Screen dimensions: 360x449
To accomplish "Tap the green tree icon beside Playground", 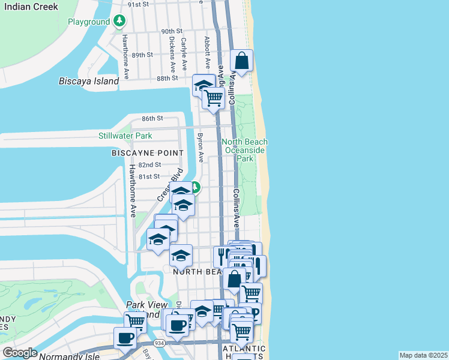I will click(x=120, y=22).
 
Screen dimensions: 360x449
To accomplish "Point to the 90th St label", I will click(x=171, y=31).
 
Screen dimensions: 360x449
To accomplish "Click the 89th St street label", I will click(x=143, y=55).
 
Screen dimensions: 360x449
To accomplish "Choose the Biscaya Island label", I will click(x=89, y=81).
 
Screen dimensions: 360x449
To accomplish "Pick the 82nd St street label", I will click(x=149, y=164).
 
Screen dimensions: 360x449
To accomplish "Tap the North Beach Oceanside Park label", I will click(x=245, y=150).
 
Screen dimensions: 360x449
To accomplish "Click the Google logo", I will click(x=20, y=353).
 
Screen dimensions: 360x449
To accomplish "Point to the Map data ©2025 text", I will click(x=423, y=355).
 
